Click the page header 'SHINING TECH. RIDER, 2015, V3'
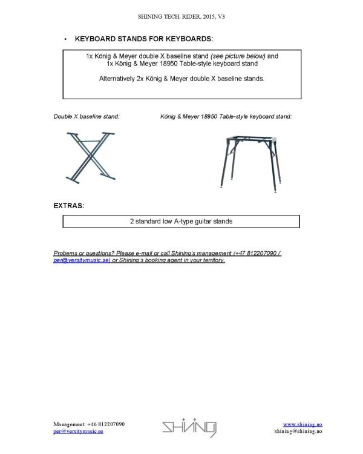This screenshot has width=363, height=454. [x=181, y=16]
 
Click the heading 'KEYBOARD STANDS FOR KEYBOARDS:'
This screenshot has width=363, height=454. [x=143, y=39]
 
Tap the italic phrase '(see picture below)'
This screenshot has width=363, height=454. [x=238, y=56]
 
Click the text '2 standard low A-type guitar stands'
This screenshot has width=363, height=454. [x=181, y=222]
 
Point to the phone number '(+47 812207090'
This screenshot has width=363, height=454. [x=255, y=253]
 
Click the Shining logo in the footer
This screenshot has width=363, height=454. [x=189, y=429]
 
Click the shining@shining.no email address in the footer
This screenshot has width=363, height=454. [x=298, y=432]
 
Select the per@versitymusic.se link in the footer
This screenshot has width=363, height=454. [x=78, y=432]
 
